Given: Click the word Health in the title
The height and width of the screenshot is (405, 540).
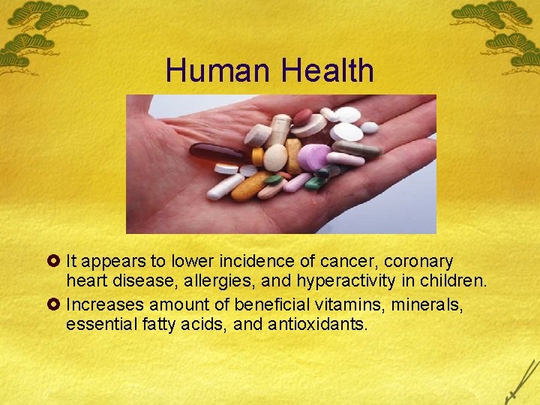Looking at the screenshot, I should tap(328, 71).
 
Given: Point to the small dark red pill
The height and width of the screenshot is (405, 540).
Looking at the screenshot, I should tap(302, 117).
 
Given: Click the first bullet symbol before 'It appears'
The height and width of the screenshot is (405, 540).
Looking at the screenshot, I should tap(55, 262).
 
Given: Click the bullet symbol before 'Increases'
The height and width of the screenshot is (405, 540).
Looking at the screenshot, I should tap(55, 305).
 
